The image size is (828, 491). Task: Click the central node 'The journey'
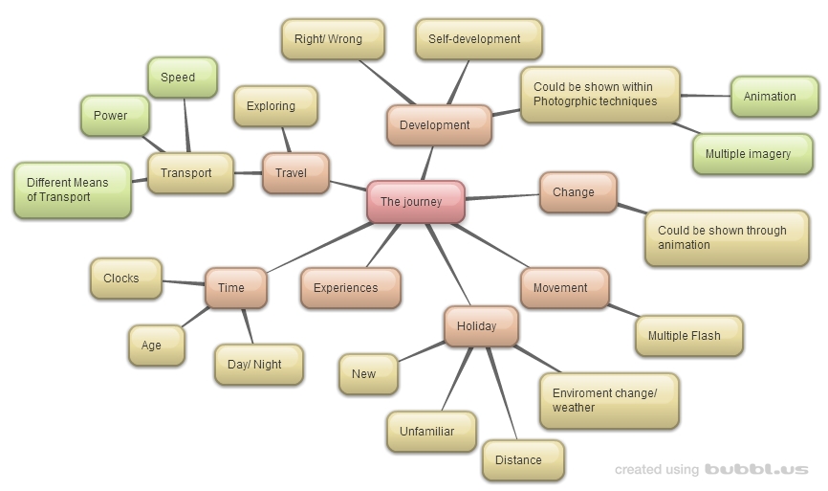416,202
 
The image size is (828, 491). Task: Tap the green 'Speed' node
182,78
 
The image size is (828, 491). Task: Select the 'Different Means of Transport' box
73,190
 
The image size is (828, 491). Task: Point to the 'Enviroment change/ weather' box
609,401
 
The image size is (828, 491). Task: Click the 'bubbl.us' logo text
756,470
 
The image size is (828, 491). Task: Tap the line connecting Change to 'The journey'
502,197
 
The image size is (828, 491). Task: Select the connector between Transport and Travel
249,173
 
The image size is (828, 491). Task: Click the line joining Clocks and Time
184,283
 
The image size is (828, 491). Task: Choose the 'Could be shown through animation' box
727,238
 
